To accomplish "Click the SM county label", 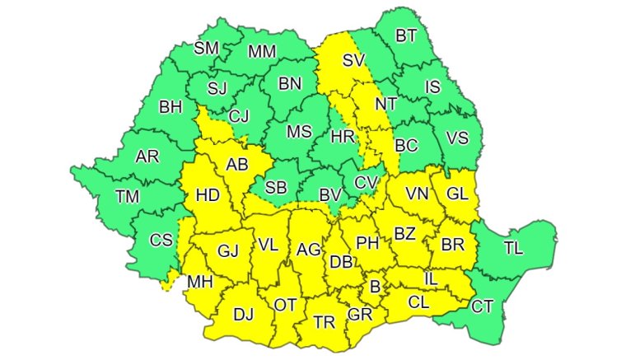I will (x=206, y=48).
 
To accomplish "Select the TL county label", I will (x=512, y=246).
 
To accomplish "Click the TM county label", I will (x=128, y=196).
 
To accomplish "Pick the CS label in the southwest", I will (x=161, y=240).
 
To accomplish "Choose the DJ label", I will (x=244, y=313).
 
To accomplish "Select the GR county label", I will (x=359, y=315).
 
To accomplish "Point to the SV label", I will (x=353, y=60).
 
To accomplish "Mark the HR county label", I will (x=342, y=137).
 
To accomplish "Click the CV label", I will (x=366, y=182).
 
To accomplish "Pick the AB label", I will (x=237, y=164).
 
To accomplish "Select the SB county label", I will (x=276, y=188).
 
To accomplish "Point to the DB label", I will (x=341, y=262).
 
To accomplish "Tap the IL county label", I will (x=430, y=279).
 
